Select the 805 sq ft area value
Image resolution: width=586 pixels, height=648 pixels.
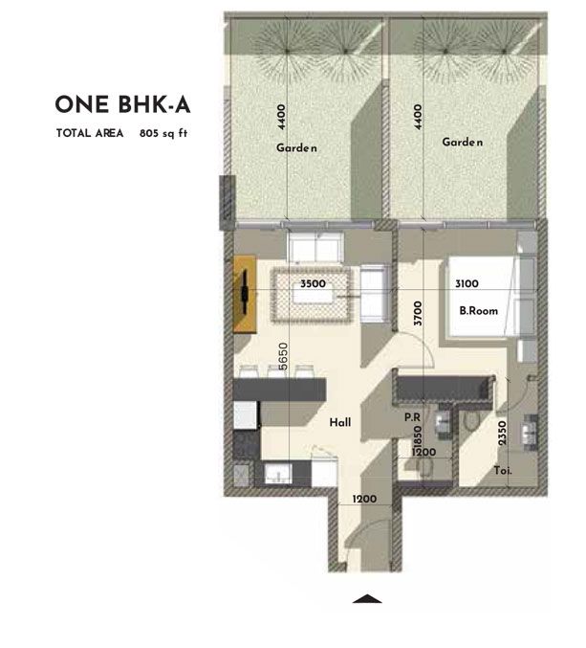pyautogui.click(x=162, y=134)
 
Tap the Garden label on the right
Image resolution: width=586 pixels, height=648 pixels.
pyautogui.click(x=462, y=143)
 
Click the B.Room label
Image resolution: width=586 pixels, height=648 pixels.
pyautogui.click(x=474, y=309)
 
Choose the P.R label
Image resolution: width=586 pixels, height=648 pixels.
pyautogui.click(x=413, y=417)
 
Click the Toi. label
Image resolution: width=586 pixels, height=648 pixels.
pyautogui.click(x=503, y=471)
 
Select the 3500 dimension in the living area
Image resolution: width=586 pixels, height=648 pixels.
pyautogui.click(x=313, y=284)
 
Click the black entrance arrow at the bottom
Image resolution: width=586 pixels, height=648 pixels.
pyautogui.click(x=366, y=600)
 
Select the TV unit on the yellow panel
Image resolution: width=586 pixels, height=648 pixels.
pyautogui.click(x=246, y=294)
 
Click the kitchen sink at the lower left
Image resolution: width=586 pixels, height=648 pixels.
pyautogui.click(x=279, y=474)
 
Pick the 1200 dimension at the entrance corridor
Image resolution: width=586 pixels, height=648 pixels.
pyautogui.click(x=365, y=499)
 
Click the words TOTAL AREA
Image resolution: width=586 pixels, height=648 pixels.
pyautogui.click(x=90, y=134)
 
